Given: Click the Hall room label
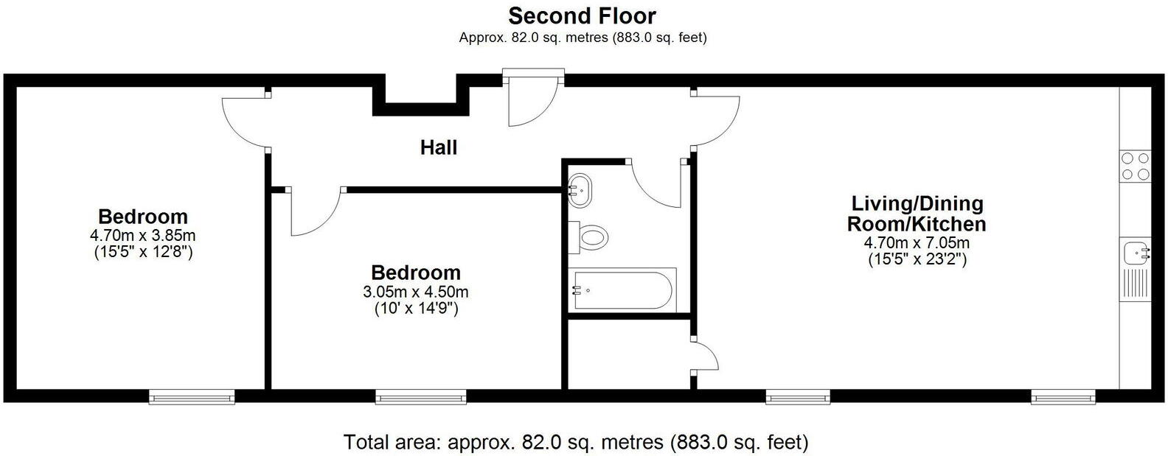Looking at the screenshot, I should tap(439, 147).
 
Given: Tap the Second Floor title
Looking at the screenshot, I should tap(582, 15).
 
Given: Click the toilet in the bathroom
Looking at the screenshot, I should tap(591, 238).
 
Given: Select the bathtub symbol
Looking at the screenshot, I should tap(622, 290).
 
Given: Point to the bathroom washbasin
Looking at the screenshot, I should tap(582, 190).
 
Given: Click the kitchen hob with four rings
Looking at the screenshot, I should tap(1135, 166).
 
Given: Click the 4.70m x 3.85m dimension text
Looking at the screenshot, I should tap(142, 236).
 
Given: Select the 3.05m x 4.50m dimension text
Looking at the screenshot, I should tap(416, 292).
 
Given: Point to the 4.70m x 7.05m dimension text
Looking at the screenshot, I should tap(917, 243).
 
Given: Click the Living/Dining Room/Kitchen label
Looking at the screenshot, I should tap(917, 213).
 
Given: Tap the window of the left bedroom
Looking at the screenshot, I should tap(192, 397).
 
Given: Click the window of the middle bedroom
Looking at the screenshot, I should tap(421, 397).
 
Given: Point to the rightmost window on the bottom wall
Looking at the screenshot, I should tap(1063, 397).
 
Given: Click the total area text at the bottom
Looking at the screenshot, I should tap(576, 442).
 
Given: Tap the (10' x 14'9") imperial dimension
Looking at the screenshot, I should tap(416, 309).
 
